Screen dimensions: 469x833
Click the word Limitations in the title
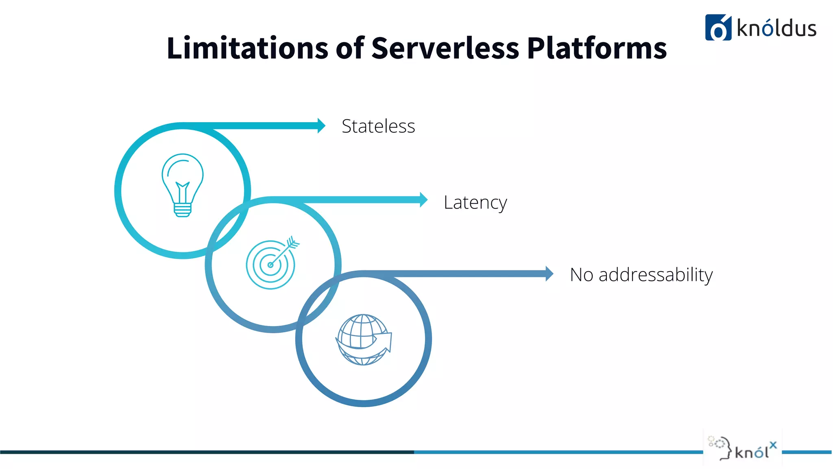point(247,48)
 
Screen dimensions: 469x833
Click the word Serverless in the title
point(445,48)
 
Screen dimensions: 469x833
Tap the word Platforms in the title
point(597,48)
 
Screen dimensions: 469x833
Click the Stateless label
point(378,126)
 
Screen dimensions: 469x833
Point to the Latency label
point(475,202)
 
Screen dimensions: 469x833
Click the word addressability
point(656,275)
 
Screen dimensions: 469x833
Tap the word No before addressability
point(582,275)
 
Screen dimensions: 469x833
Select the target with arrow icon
point(271,264)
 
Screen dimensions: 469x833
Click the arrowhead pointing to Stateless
point(321,126)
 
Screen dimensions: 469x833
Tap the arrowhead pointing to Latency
point(423,200)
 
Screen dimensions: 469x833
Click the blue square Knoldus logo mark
point(718,28)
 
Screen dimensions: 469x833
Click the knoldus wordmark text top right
point(776,28)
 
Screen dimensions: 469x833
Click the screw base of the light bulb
point(183,210)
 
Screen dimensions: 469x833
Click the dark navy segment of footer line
point(203,452)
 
